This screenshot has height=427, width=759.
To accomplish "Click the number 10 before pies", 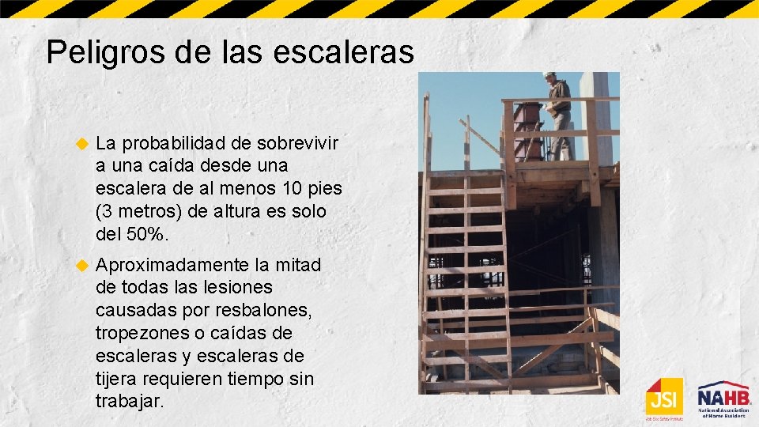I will pos(287,190).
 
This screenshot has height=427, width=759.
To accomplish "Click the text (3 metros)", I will pos(141,213).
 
